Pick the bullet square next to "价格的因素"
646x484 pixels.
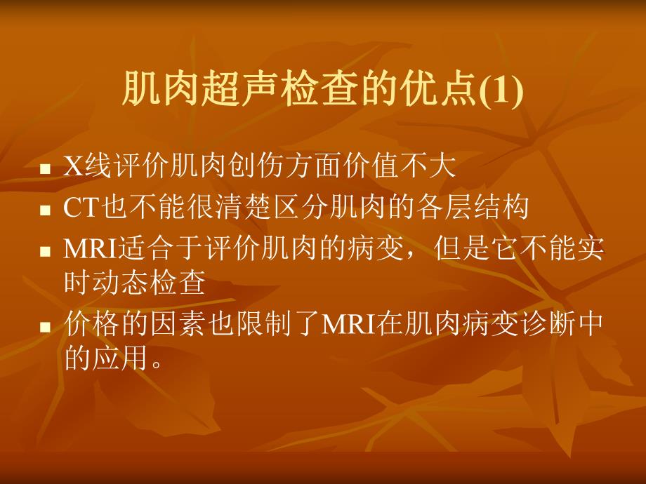click(46, 326)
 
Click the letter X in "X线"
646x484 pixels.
click(73, 167)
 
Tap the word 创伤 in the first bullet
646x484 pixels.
click(258, 167)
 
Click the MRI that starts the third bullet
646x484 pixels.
click(91, 248)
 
